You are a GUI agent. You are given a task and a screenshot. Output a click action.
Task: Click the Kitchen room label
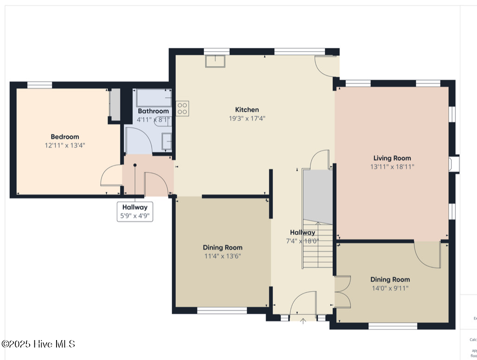pyautogui.click(x=247, y=110)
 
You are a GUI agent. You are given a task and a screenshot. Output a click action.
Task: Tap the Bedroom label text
pyautogui.click(x=64, y=137)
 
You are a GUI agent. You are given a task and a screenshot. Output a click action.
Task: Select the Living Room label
pyautogui.click(x=392, y=158)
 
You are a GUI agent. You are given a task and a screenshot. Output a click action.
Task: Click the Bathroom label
pyautogui.click(x=153, y=111)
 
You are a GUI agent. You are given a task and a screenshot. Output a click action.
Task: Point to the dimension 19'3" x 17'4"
pyautogui.click(x=247, y=118)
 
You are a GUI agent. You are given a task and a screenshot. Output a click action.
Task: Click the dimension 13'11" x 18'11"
pyautogui.click(x=392, y=167)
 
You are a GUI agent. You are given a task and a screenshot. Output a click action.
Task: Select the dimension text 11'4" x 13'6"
pyautogui.click(x=223, y=256)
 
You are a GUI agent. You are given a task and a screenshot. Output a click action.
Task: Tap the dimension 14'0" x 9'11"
pyautogui.click(x=390, y=288)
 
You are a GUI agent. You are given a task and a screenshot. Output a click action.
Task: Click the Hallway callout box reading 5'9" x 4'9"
pyautogui.click(x=135, y=212)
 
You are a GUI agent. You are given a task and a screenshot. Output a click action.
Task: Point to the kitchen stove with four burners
pyautogui.click(x=182, y=108)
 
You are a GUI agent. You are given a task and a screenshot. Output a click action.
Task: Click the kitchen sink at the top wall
pyautogui.click(x=215, y=61)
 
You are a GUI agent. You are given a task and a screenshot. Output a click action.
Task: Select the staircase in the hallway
pyautogui.click(x=318, y=246)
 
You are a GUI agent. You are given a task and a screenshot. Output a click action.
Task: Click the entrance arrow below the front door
pyautogui.click(x=304, y=320)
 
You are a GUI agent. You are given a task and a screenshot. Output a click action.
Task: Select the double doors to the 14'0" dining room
pyautogui.click(x=342, y=292)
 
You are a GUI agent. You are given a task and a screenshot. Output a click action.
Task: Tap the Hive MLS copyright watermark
pyautogui.click(x=38, y=344)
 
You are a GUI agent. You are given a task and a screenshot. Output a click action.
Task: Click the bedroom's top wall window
pyautogui.click(x=39, y=85)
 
